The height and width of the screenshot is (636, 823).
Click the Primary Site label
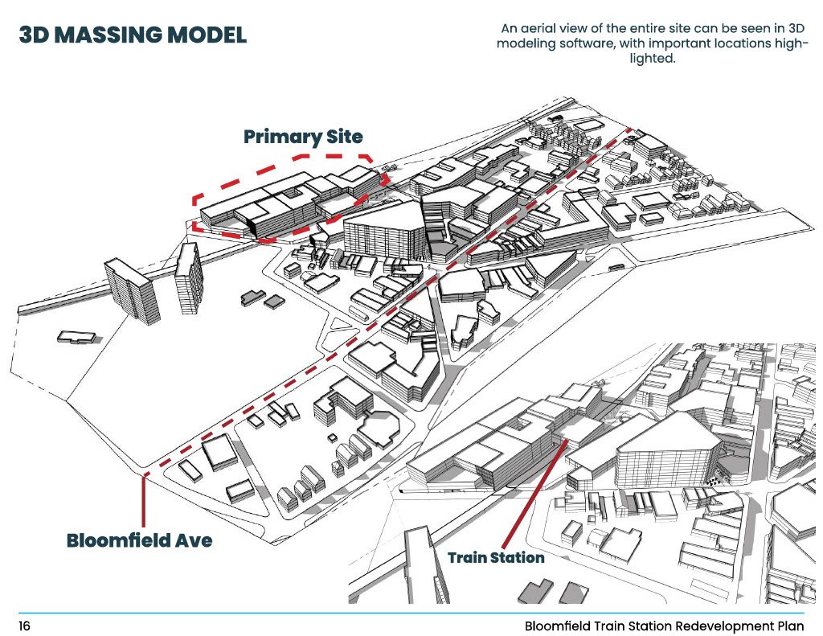303,136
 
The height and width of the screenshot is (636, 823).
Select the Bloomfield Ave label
139,540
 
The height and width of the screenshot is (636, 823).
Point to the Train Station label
496,557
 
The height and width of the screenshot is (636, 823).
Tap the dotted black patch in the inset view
712,480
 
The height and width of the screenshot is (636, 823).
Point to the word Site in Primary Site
343,136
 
